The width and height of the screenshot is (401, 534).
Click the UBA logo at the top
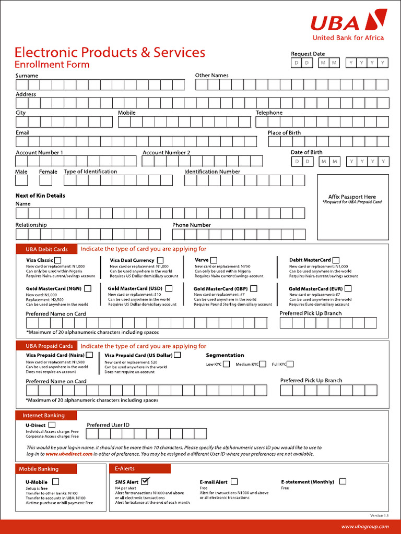[x=349, y=24]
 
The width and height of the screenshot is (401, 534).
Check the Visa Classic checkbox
[x=57, y=260]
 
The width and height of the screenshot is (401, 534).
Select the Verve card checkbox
[x=214, y=260]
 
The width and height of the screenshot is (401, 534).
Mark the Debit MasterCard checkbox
[x=336, y=260]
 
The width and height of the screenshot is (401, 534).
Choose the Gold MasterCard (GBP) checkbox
[x=253, y=288]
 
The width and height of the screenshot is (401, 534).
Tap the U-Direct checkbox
[x=52, y=425]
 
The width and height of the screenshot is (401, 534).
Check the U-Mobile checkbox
[x=55, y=482]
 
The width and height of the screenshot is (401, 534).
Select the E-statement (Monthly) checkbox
[x=343, y=481]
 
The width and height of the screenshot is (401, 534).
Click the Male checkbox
[x=21, y=180]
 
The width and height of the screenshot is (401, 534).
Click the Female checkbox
[x=46, y=180]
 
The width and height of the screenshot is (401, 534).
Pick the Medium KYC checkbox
[x=263, y=364]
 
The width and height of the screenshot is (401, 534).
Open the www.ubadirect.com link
[x=69, y=454]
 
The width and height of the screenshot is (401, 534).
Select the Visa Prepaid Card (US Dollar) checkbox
[x=178, y=355]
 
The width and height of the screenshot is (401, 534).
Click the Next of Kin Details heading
[x=40, y=196]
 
